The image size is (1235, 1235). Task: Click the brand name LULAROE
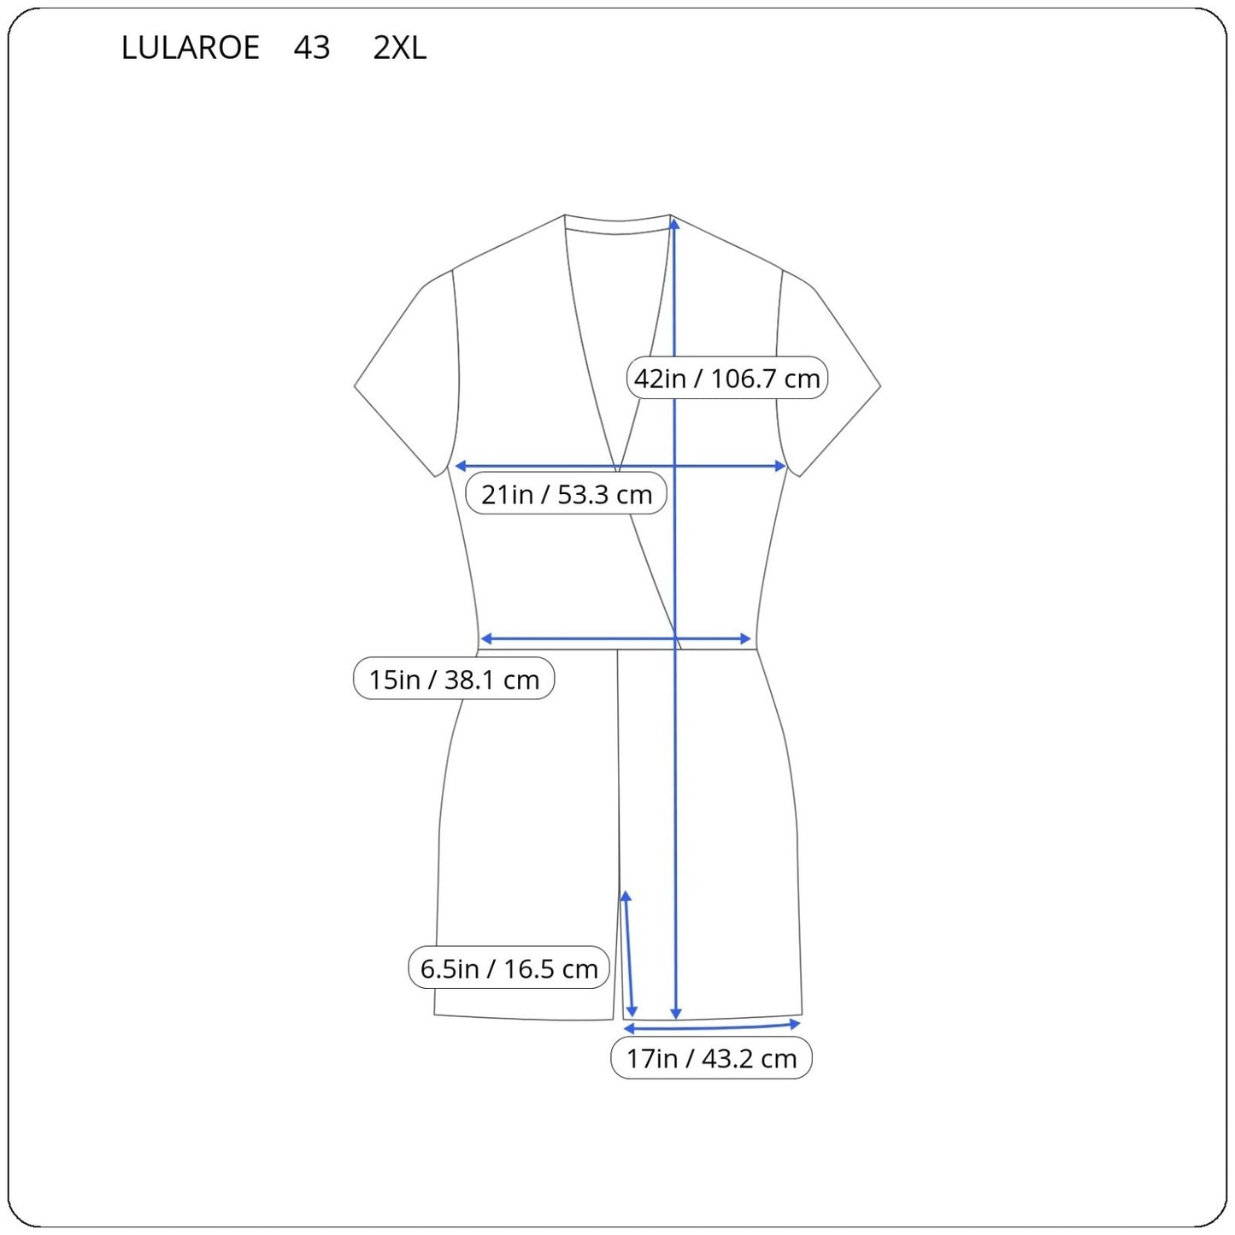click(191, 47)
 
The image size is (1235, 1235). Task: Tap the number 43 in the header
click(311, 47)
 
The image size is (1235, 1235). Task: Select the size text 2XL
click(399, 47)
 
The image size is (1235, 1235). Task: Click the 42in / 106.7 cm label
click(726, 378)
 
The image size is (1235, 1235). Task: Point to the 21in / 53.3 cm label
click(566, 494)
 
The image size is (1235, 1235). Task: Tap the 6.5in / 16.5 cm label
click(509, 968)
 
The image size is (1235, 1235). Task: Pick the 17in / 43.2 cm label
click(711, 1058)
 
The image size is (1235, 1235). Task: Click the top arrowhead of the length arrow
click(674, 223)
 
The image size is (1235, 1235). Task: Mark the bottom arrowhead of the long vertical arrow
click(675, 1014)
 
